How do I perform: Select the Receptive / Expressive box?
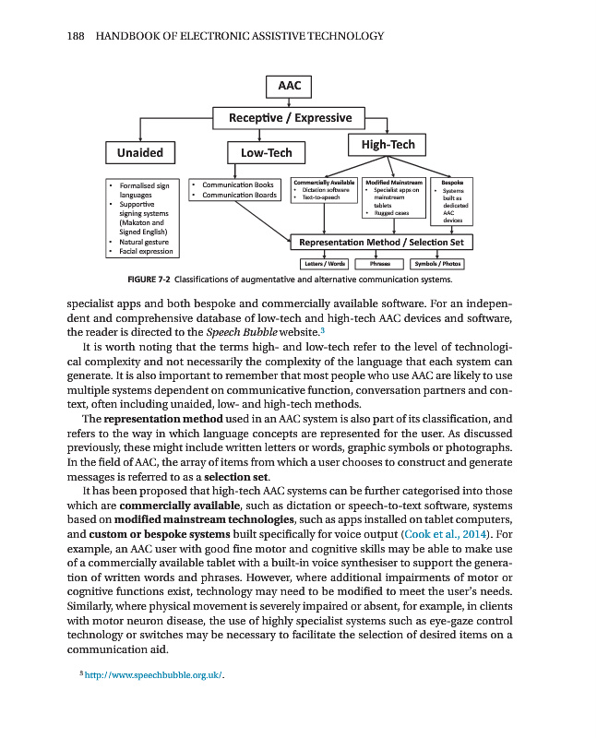[290, 118]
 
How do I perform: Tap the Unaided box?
[140, 152]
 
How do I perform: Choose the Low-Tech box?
[266, 152]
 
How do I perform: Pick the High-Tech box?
[388, 144]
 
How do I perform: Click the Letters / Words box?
[324, 263]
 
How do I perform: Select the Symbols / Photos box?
[437, 263]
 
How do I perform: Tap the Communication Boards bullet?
[239, 196]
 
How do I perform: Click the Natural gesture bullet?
[144, 241]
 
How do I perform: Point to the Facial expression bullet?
[146, 251]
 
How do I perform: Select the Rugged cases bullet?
[390, 213]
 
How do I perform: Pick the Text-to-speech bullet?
[319, 197]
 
